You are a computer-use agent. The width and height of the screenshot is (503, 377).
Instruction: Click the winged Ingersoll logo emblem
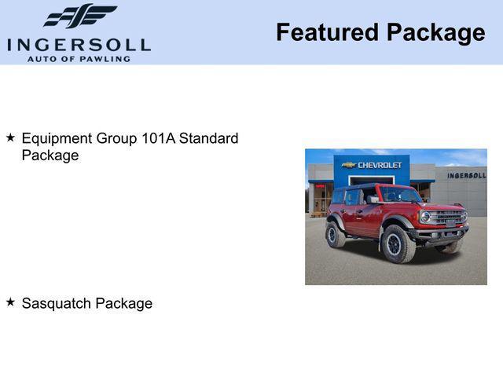(x=80, y=16)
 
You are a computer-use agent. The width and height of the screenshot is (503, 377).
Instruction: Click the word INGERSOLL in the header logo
(x=79, y=44)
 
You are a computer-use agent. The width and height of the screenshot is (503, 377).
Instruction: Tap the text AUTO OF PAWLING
(x=79, y=59)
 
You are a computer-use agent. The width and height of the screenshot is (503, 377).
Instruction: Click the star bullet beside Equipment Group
(x=10, y=137)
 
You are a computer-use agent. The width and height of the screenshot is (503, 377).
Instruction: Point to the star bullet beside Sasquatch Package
(x=10, y=302)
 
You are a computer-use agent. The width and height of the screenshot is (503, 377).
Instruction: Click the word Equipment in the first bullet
(x=57, y=139)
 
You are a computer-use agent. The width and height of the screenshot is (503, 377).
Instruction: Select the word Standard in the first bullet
(x=208, y=138)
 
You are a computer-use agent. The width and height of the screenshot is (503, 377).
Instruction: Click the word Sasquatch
(x=54, y=303)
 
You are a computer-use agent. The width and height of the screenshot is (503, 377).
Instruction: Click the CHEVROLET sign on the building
(x=380, y=165)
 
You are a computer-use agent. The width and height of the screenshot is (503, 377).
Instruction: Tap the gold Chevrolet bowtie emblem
(x=348, y=165)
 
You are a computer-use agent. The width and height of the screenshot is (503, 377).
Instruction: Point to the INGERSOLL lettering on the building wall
(x=467, y=175)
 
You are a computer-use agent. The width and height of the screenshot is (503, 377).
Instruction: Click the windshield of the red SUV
(x=400, y=194)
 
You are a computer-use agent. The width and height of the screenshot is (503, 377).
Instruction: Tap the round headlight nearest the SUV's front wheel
(x=425, y=216)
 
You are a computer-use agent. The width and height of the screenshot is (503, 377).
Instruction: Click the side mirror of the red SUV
(x=372, y=199)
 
